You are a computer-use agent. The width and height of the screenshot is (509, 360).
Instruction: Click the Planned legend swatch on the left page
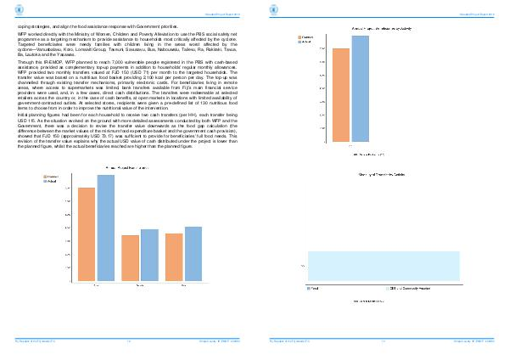coord(47,176)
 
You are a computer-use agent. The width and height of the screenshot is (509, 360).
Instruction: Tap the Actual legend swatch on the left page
coord(47,181)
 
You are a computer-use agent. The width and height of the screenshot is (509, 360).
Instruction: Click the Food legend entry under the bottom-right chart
coord(314,289)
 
